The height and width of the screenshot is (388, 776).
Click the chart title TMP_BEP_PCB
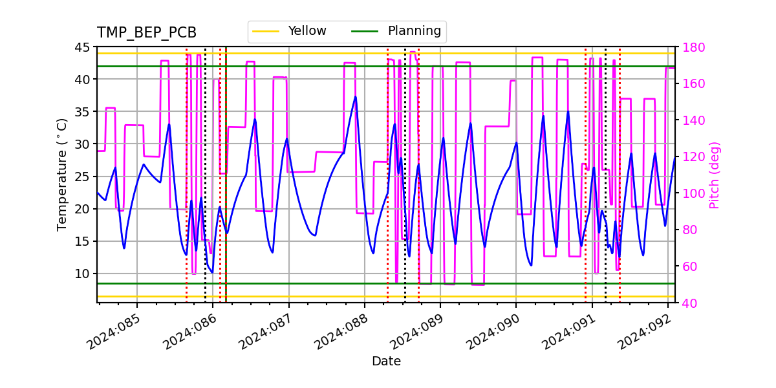[x=147, y=33]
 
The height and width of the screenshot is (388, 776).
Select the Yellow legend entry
[x=307, y=31]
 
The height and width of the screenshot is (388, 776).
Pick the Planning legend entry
[x=414, y=31]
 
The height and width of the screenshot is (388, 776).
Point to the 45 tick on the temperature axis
[x=83, y=47]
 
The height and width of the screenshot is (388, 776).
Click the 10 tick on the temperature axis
[x=83, y=274]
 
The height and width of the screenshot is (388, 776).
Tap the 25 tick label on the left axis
[x=83, y=177]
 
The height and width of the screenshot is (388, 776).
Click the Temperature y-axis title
[x=62, y=175]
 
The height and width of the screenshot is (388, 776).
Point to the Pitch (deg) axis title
[x=715, y=175]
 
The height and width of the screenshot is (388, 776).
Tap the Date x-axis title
[x=386, y=361]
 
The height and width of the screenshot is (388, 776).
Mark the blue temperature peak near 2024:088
[x=355, y=97]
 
